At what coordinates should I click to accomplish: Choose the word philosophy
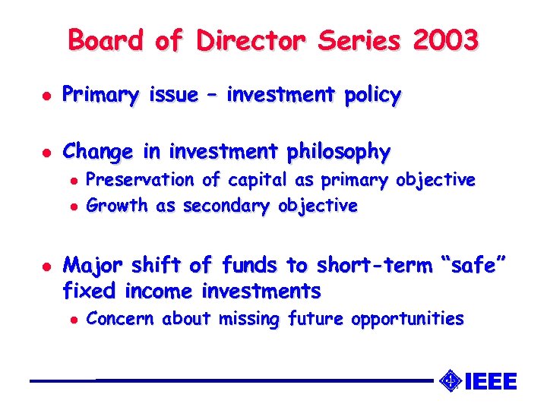[339, 153]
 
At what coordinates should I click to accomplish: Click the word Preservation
[141, 180]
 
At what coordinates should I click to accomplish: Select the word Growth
[117, 205]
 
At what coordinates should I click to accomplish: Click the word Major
[93, 265]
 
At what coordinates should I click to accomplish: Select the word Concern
[121, 319]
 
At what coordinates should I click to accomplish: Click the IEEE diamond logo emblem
[451, 380]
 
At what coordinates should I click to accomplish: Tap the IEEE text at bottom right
[490, 380]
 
